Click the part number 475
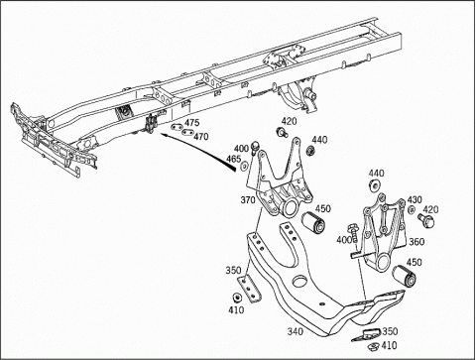click(192, 123)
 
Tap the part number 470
click(201, 136)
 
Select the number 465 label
click(233, 159)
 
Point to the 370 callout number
click(248, 200)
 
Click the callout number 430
click(415, 199)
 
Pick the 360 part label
click(416, 242)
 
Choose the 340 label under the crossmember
click(295, 331)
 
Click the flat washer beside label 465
click(245, 166)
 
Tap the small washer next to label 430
click(412, 209)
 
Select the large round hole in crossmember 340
click(300, 282)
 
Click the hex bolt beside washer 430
click(426, 220)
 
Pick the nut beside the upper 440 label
click(310, 151)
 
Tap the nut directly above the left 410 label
click(237, 298)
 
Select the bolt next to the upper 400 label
click(255, 147)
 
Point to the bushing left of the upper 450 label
click(314, 223)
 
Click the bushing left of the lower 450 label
click(404, 275)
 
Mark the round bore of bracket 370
click(291, 209)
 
